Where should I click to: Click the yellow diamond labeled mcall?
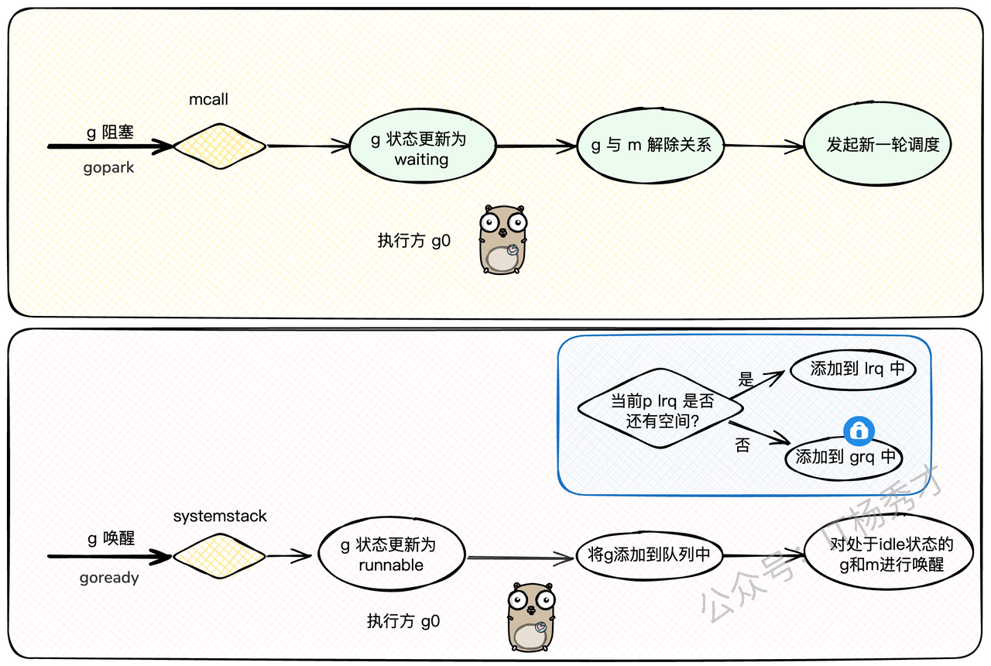pyautogui.click(x=219, y=146)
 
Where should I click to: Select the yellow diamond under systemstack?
pyautogui.click(x=219, y=555)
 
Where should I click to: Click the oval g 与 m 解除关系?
pyautogui.click(x=651, y=146)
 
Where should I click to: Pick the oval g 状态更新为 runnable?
pyautogui.click(x=392, y=555)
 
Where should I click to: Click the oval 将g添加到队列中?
pyautogui.click(x=650, y=555)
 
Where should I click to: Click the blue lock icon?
pyautogui.click(x=859, y=431)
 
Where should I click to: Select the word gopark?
pyautogui.click(x=108, y=168)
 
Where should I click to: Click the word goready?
pyautogui.click(x=108, y=578)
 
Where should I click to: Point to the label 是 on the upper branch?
pyautogui.click(x=746, y=380)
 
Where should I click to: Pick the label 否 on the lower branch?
pyautogui.click(x=742, y=446)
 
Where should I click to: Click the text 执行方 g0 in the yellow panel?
pyautogui.click(x=414, y=241)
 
